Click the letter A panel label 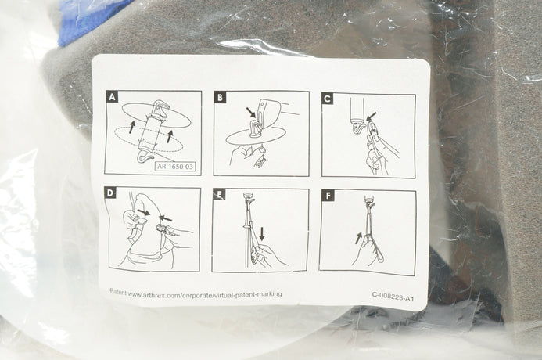click(112, 97)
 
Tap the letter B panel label click(220, 98)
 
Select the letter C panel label click(328, 99)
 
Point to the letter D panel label click(110, 193)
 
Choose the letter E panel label click(219, 195)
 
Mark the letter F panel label click(328, 196)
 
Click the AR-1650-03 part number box click(175, 167)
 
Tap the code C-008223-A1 click(393, 297)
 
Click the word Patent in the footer click(118, 292)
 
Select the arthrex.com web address click(205, 294)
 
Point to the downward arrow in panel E click(262, 234)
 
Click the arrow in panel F click(358, 238)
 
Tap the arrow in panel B click(252, 113)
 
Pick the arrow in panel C click(372, 116)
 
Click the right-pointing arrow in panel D click(143, 211)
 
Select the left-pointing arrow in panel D click(166, 218)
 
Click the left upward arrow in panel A click(131, 127)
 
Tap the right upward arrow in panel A click(170, 136)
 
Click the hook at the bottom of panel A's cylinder click(145, 158)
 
